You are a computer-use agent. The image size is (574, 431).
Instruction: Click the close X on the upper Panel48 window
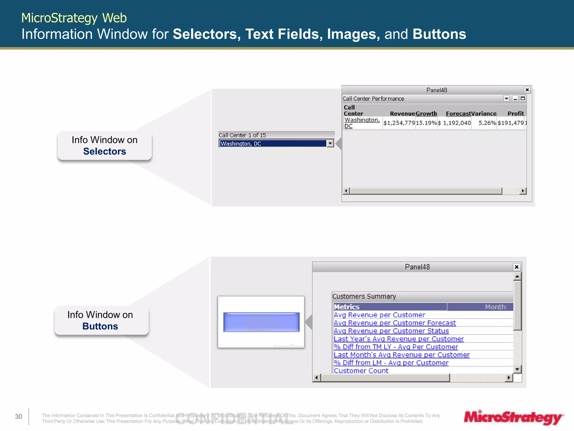pyautogui.click(x=527, y=90)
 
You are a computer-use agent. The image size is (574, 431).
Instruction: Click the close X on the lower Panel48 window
pyautogui.click(x=517, y=267)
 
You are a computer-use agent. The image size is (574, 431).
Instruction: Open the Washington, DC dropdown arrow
pyautogui.click(x=330, y=144)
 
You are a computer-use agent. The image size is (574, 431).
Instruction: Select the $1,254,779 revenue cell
pyautogui.click(x=399, y=123)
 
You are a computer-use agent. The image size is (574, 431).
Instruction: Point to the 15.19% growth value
pyautogui.click(x=426, y=123)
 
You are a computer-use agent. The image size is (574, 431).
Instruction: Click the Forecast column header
pyautogui.click(x=458, y=114)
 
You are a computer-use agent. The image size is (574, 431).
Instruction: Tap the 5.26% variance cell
pyautogui.click(x=487, y=123)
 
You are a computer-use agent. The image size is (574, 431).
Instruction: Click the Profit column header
pyautogui.click(x=515, y=114)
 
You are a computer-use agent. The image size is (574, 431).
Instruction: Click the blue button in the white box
pyautogui.click(x=261, y=322)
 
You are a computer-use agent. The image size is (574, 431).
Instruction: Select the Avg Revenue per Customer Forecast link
pyautogui.click(x=395, y=323)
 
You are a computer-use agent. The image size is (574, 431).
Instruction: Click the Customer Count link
pyautogui.click(x=361, y=371)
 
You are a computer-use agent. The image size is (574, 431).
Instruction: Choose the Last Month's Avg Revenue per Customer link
pyautogui.click(x=401, y=355)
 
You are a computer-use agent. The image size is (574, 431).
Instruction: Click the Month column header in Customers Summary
pyautogui.click(x=495, y=307)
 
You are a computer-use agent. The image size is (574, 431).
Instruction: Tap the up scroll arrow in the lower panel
pyautogui.click(x=517, y=276)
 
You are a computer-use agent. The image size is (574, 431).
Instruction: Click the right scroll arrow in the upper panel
pyautogui.click(x=523, y=191)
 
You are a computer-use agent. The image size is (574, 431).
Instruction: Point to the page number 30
pyautogui.click(x=18, y=416)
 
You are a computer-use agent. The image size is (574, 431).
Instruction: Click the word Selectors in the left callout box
pyautogui.click(x=105, y=152)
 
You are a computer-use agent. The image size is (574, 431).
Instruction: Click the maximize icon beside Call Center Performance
pyautogui.click(x=523, y=98)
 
